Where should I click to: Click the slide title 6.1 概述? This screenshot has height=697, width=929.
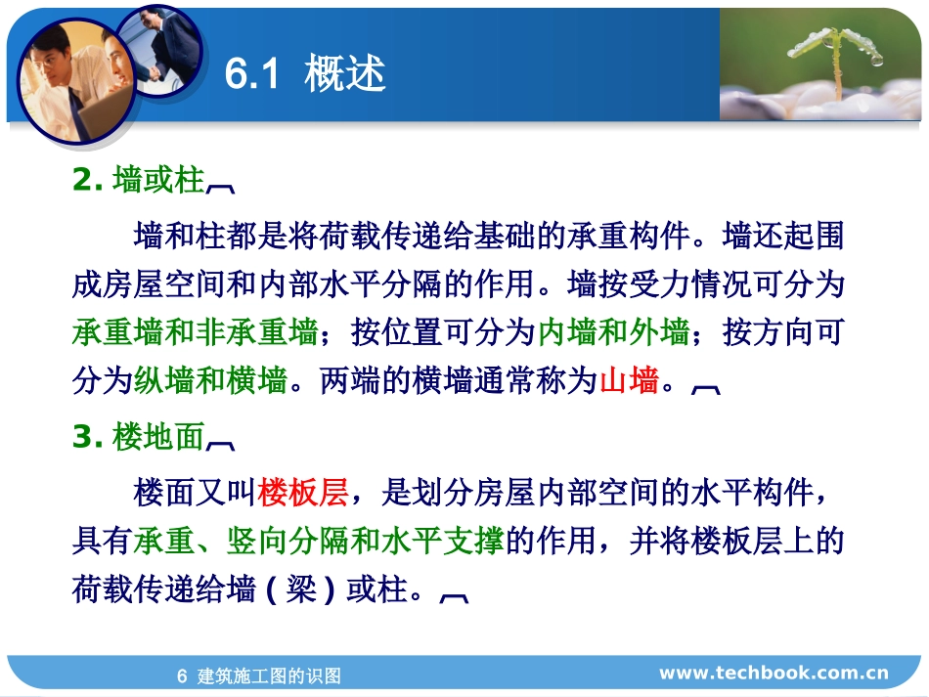(305, 75)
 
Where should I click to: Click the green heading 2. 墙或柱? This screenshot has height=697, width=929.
(139, 181)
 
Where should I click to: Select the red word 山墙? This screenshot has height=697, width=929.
(628, 380)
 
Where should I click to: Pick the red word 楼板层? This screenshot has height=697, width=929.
(303, 494)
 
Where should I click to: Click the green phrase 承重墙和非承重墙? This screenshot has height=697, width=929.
(195, 332)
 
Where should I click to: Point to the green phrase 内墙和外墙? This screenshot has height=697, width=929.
(613, 332)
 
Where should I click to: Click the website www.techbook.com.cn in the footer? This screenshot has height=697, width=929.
(774, 673)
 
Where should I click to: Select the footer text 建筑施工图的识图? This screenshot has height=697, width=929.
(269, 675)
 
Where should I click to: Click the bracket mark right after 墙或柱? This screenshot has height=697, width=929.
(220, 185)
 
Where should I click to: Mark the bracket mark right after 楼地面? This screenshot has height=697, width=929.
(220, 443)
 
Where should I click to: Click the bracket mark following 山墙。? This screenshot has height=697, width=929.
(705, 386)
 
